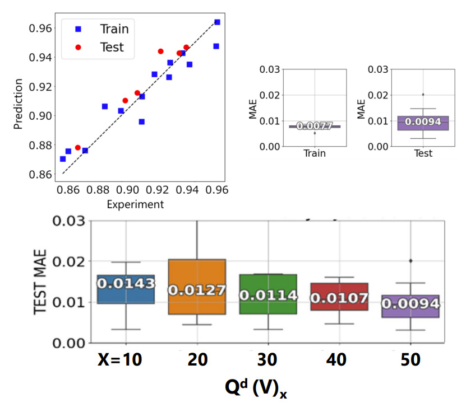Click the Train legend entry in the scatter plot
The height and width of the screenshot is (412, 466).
(x=114, y=29)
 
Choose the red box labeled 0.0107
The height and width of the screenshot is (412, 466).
(x=339, y=297)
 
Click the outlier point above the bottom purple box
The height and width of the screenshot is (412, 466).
(x=410, y=261)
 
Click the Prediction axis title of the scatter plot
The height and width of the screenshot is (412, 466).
(x=19, y=104)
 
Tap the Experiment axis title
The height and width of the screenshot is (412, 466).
(x=135, y=204)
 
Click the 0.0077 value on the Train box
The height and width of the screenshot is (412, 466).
(x=315, y=127)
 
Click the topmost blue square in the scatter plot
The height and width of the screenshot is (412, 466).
(x=217, y=22)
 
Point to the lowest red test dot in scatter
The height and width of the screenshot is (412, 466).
(x=78, y=148)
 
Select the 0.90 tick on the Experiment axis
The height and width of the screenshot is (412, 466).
(x=127, y=190)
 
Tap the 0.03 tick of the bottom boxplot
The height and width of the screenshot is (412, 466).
(x=69, y=221)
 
